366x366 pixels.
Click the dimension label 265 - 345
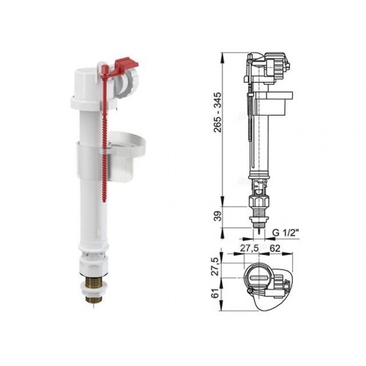(217, 112)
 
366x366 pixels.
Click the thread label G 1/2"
(285, 233)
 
